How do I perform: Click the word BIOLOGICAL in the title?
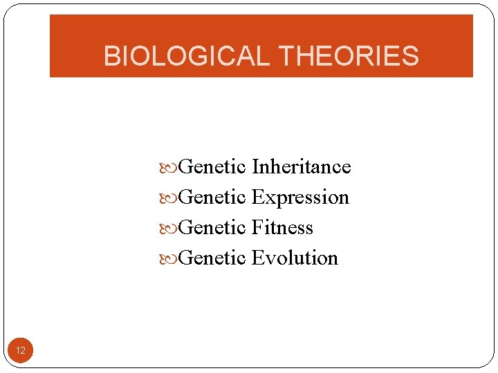pos(185,56)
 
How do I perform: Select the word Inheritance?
pos(301,167)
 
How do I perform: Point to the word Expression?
pos(300,198)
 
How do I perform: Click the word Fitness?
pos(282,228)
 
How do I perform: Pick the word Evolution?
pos(295,258)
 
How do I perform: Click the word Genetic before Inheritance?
pos(212,167)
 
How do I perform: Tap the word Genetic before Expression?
pos(212,198)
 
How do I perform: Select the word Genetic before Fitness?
pos(212,228)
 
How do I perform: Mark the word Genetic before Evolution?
pos(212,258)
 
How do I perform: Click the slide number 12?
pos(21,351)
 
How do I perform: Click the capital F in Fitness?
pos(257,228)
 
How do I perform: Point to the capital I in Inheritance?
pos(255,167)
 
